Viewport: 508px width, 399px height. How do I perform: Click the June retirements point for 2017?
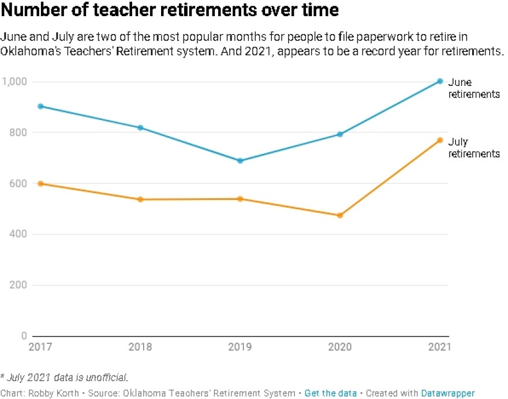41,106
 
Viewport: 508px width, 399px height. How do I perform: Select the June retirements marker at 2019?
240,160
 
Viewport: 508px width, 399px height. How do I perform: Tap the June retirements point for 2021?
439,81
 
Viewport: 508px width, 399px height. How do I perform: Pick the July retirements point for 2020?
340,216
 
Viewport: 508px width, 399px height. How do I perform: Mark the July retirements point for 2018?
141,199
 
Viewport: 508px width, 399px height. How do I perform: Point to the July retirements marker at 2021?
439,140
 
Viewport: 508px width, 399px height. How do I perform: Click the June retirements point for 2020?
340,134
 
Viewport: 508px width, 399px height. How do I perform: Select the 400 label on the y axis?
18,235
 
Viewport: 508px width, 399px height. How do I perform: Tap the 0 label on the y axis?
24,336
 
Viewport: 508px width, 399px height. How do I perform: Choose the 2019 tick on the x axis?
240,348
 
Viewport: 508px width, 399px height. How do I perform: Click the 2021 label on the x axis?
440,348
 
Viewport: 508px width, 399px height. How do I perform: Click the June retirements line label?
473,88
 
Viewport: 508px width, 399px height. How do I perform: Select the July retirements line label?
473,148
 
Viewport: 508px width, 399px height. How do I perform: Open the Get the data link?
330,393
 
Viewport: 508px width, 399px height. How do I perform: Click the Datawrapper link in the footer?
448,393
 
